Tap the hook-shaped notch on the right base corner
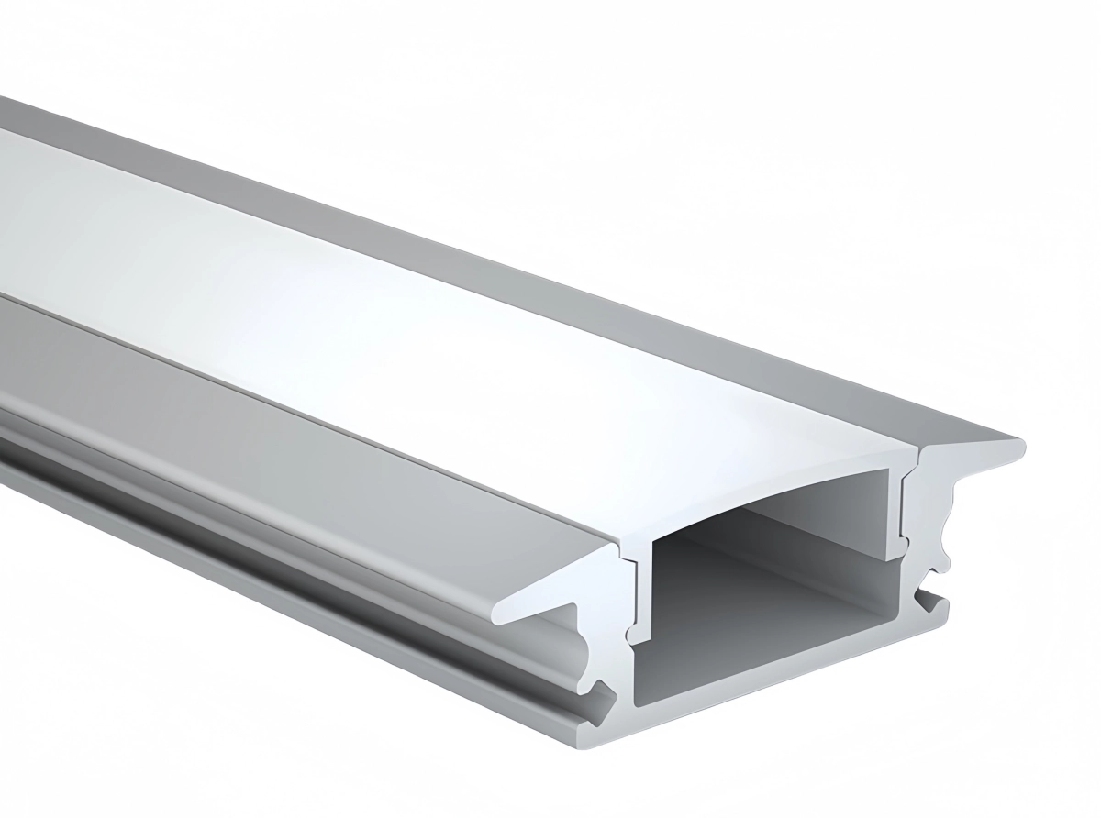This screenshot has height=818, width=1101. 936,601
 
